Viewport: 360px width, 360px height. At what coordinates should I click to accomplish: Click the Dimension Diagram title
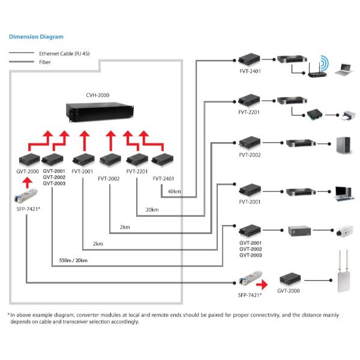pos(36,37)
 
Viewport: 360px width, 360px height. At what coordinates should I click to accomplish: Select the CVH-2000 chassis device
pos(97,112)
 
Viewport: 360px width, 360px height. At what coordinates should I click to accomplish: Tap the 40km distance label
pos(175,191)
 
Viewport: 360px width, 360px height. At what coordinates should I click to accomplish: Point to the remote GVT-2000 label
pos(289,290)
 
